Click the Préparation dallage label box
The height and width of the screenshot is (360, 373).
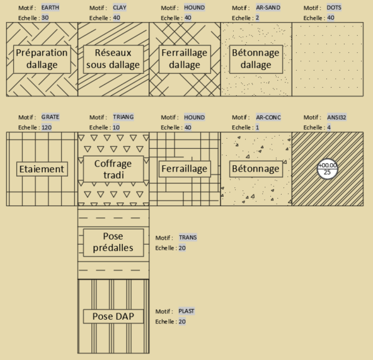(x=42, y=59)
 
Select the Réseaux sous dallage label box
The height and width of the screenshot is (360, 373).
(x=113, y=59)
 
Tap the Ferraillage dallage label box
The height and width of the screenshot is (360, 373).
(x=185, y=59)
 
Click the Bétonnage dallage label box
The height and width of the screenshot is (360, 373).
(x=256, y=59)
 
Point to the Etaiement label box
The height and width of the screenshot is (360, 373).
(x=42, y=169)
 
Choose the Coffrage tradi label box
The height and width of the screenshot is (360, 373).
(x=113, y=169)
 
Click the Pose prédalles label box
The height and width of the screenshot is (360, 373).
(x=113, y=243)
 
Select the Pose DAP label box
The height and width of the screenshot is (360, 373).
(x=113, y=316)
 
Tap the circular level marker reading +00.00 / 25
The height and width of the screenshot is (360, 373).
(x=328, y=169)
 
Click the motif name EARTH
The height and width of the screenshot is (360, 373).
(x=50, y=8)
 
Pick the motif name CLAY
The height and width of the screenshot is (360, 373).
(x=120, y=8)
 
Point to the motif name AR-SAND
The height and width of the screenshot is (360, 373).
(x=268, y=8)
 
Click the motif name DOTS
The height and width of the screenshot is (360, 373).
(x=334, y=8)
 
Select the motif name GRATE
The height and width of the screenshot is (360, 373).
(x=50, y=117)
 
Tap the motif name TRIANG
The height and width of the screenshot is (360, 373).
(x=123, y=117)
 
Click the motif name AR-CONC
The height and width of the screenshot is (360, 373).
(x=268, y=117)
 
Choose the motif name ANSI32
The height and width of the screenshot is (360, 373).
(x=336, y=117)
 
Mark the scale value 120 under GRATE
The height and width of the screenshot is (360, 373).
(x=47, y=127)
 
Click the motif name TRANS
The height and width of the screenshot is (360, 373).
(x=188, y=238)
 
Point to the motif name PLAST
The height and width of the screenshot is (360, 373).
(x=186, y=311)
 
